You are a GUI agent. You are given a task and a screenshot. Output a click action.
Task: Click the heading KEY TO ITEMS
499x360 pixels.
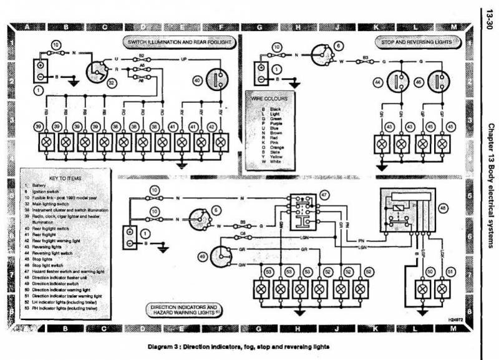61,178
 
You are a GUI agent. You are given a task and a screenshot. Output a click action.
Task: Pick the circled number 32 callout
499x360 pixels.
112,82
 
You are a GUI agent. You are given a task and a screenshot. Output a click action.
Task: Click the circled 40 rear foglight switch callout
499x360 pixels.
197,80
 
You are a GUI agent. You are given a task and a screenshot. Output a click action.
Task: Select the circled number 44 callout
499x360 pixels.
377,82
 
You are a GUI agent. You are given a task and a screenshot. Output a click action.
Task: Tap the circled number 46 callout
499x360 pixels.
419,82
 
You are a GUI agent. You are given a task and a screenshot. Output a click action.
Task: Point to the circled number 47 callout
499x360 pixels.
324,196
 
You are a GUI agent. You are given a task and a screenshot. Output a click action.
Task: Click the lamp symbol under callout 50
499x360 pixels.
423,289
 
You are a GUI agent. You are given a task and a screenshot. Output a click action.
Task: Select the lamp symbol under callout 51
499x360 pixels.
442,289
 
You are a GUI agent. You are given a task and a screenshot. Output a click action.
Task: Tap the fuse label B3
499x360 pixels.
367,57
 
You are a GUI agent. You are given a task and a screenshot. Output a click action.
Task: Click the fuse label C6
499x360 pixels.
241,233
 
